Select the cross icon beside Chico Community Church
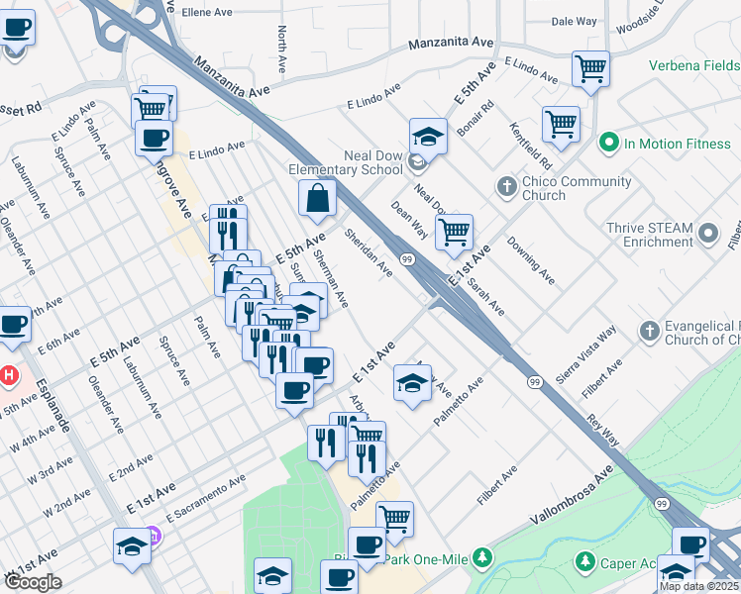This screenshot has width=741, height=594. (506, 187)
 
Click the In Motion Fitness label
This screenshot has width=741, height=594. (677, 144)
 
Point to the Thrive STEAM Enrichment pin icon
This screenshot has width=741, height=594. (708, 234)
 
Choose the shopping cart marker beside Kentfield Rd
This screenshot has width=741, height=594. (560, 125)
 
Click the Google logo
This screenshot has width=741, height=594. (33, 582)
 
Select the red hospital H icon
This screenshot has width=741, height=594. (8, 377)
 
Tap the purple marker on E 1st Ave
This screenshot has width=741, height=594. (156, 537)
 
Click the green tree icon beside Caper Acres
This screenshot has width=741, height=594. (584, 562)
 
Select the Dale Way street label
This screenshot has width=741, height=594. (574, 21)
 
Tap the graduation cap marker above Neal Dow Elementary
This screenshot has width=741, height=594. (428, 136)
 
